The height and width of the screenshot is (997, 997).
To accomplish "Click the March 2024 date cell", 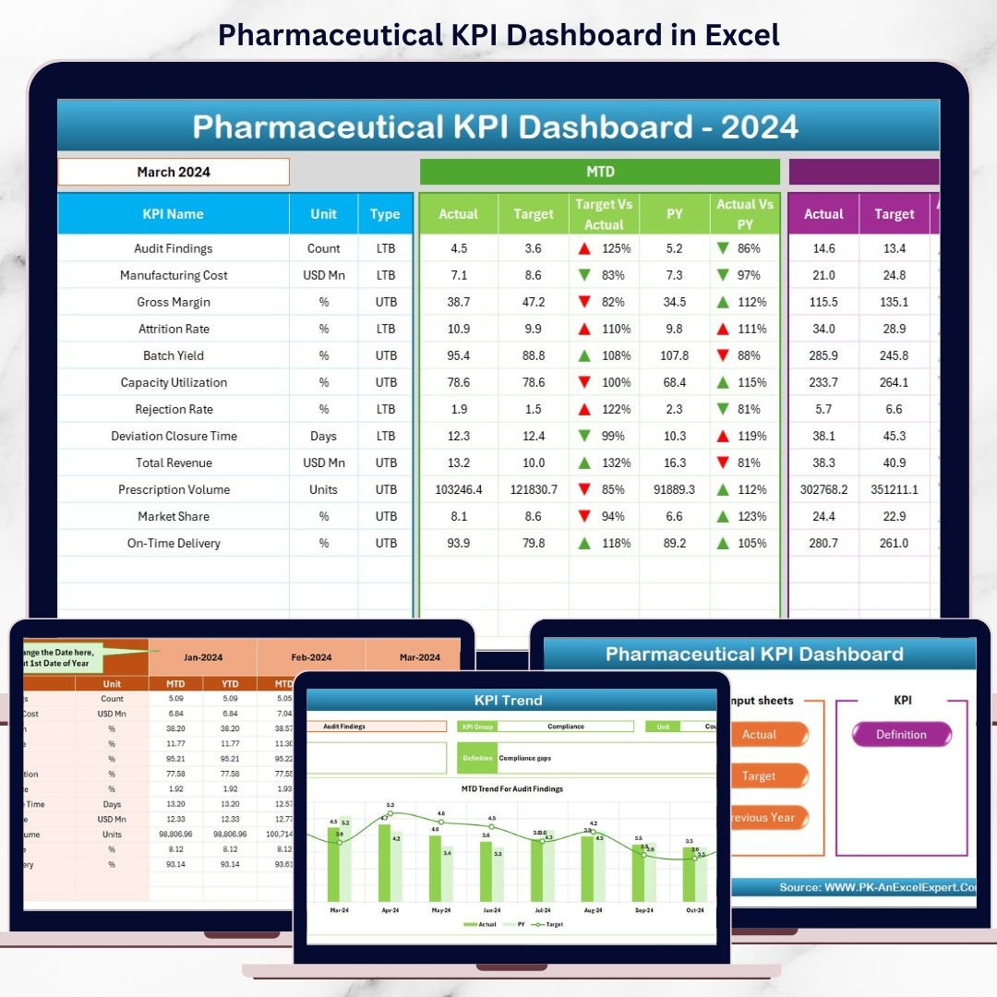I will tap(174, 172).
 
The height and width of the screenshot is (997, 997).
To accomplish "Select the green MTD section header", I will tap(600, 172).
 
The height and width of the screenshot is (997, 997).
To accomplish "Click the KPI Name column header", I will tap(173, 214).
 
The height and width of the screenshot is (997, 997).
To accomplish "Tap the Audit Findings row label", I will tap(173, 248).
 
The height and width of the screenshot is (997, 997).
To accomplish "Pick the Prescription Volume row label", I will tap(174, 489).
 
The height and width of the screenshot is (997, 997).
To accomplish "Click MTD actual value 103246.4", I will tap(458, 489).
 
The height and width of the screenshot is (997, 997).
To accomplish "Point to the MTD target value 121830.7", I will tap(534, 489).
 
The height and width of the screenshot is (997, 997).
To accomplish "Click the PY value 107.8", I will tap(675, 355).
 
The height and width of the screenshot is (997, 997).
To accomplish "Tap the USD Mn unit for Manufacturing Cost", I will tap(323, 275).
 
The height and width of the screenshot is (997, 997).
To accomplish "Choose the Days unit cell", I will tap(323, 436).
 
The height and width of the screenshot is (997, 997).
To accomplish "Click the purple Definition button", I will tap(901, 735).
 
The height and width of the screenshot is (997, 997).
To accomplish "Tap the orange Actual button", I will tap(760, 735).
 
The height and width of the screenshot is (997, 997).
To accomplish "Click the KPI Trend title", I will tap(508, 700).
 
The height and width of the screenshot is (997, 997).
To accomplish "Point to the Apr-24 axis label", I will tap(390, 910).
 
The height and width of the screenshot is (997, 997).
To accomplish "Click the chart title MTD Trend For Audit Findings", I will tap(511, 789).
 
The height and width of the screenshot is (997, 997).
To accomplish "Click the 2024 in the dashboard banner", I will tap(760, 126).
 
